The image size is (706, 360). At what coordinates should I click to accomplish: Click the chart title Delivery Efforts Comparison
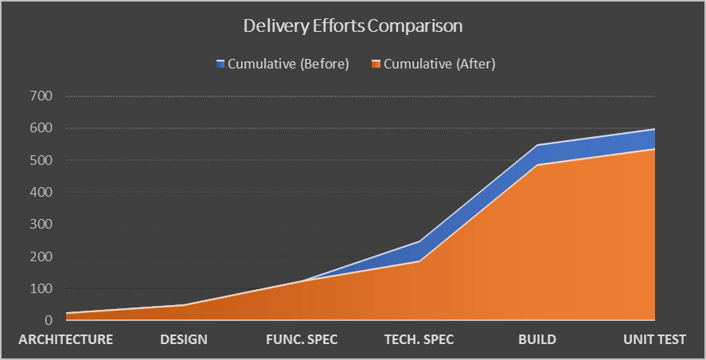(353, 25)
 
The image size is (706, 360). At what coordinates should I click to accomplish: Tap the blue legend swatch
(220, 65)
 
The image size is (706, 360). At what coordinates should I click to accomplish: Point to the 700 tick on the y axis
(41, 96)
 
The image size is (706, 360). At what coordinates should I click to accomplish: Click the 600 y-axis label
(41, 128)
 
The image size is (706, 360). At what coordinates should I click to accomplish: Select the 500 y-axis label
(41, 160)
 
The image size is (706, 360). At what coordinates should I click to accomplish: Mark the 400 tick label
(41, 193)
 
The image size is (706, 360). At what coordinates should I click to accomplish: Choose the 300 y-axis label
(41, 225)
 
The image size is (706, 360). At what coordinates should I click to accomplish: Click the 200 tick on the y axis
(41, 256)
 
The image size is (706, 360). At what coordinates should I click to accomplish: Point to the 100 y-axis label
(41, 288)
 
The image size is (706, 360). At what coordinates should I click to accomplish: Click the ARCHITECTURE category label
(66, 339)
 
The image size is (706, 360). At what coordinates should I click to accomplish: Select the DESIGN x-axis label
(184, 339)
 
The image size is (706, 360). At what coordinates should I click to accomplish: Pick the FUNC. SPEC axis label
(302, 339)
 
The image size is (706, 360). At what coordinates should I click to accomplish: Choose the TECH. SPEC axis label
(419, 339)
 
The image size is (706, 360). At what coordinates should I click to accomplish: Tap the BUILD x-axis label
(537, 339)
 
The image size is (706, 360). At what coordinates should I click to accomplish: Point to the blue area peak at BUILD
(537, 146)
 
